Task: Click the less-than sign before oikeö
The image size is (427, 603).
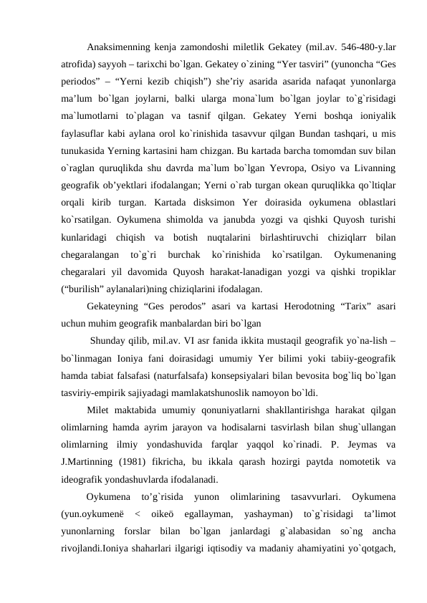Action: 137,515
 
